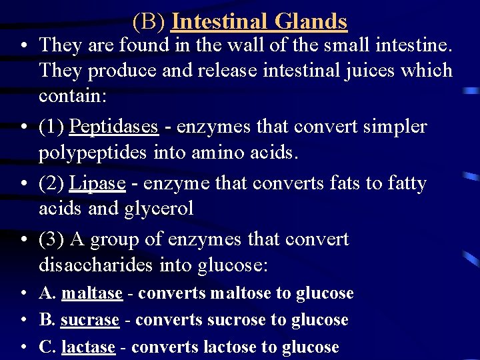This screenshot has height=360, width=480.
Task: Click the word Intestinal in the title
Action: click(x=218, y=21)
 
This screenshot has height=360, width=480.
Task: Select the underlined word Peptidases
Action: click(x=114, y=127)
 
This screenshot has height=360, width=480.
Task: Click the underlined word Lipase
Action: click(x=97, y=183)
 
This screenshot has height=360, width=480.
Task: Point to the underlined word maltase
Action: click(x=92, y=293)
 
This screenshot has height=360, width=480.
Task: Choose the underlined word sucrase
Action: click(x=90, y=320)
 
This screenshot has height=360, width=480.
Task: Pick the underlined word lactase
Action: click(x=88, y=347)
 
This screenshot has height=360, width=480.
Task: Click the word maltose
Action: click(x=241, y=293)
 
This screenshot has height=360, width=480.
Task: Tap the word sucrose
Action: click(x=237, y=320)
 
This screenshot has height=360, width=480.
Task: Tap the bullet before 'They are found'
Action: click(x=23, y=46)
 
